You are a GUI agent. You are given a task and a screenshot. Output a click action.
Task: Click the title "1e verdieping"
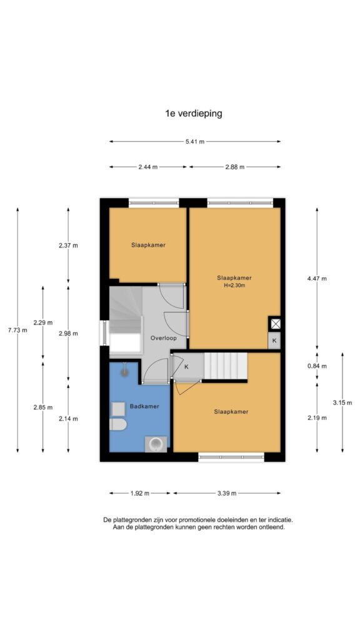tap(194, 113)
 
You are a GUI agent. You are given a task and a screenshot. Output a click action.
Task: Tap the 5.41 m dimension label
tap(195, 142)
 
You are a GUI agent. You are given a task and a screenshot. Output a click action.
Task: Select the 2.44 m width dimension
tap(147, 166)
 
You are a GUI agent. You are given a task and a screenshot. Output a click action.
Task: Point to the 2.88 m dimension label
tap(235, 166)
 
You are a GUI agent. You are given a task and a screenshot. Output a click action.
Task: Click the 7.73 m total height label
tap(17, 330)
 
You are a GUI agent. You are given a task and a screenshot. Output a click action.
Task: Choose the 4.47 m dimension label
tap(317, 279)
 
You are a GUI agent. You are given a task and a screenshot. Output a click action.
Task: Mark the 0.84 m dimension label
tap(317, 366)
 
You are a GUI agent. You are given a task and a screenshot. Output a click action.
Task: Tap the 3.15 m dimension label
tap(342, 402)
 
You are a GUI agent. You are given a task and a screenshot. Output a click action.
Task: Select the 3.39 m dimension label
tap(227, 493)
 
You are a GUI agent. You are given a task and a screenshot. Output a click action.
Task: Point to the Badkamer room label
tap(144, 406)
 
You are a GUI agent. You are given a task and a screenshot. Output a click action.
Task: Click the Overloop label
tap(163, 338)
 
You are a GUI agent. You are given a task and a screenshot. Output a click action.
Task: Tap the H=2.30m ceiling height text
tap(234, 285)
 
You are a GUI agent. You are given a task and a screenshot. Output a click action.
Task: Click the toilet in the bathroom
tap(118, 424)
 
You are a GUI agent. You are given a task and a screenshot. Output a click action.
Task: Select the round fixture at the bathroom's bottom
tap(156, 444)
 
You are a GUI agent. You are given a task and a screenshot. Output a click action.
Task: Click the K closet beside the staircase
tap(186, 366)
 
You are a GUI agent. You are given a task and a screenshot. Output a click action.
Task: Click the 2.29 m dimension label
tap(43, 322)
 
